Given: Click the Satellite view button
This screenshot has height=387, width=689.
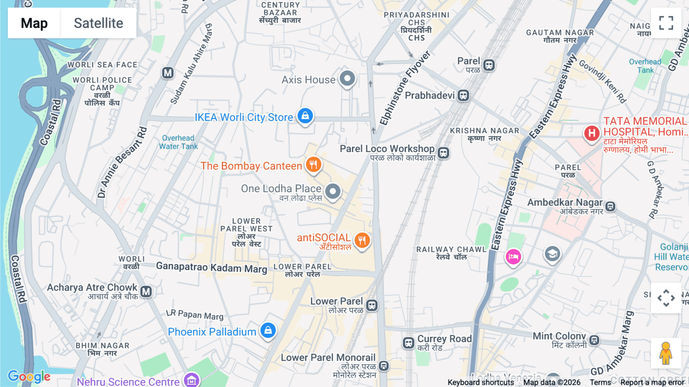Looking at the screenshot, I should (x=98, y=23).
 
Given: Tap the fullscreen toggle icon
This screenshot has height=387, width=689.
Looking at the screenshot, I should (x=666, y=23).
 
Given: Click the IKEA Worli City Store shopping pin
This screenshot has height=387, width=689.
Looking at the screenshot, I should (x=305, y=115).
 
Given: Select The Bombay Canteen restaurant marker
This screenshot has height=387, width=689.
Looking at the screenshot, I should (x=313, y=165).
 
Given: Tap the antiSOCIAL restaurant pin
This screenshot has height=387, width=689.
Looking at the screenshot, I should (x=362, y=240).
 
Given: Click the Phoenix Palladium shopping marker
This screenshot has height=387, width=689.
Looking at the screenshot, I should (x=268, y=330).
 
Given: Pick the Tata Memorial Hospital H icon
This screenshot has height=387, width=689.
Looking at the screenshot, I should (x=592, y=133).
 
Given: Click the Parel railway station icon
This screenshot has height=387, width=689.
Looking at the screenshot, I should (x=488, y=65).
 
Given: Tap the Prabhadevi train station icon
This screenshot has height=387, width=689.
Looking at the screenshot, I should (x=463, y=95).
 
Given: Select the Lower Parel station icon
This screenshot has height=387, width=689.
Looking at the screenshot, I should (x=372, y=305).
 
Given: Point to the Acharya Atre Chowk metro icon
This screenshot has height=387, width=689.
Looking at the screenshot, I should (x=146, y=292).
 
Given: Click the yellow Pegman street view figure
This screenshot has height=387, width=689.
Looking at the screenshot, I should (x=666, y=353).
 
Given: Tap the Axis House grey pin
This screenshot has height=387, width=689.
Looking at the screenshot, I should (x=347, y=79).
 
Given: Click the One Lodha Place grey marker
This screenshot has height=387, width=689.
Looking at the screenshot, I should (x=333, y=191).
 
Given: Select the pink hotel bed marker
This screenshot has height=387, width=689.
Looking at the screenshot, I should (x=513, y=256).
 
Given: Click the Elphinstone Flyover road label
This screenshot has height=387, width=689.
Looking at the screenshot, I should (x=405, y=88).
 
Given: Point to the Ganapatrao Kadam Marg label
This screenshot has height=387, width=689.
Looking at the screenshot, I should (x=211, y=267).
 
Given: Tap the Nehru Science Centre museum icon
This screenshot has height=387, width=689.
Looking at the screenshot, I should (x=191, y=380).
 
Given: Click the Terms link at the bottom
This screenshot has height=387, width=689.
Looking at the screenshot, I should (x=600, y=382).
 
